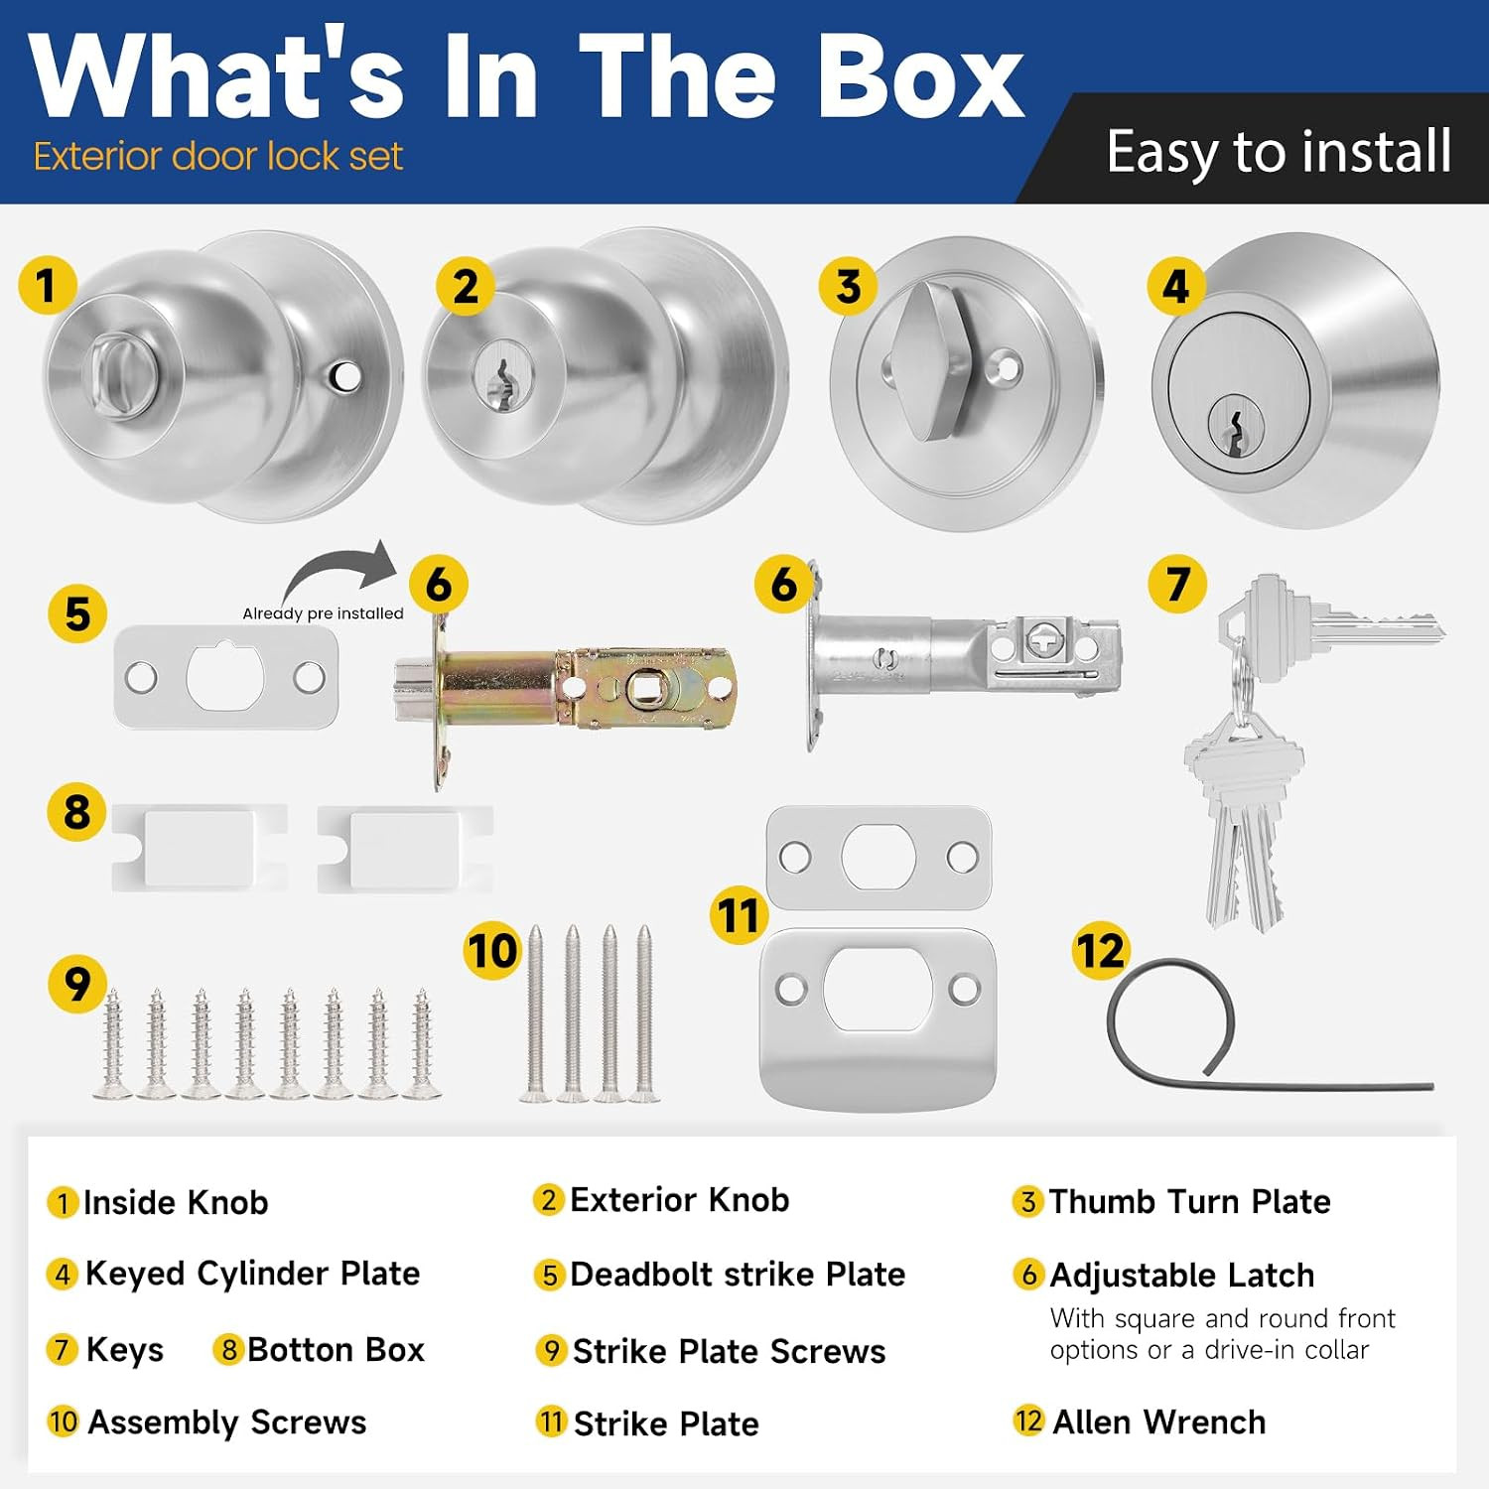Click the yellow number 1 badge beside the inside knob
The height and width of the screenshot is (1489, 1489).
(x=47, y=285)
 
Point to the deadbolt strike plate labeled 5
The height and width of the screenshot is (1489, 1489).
(x=225, y=677)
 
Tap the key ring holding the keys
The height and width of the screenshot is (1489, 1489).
(x=1236, y=685)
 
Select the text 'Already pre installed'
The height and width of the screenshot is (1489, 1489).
(x=324, y=613)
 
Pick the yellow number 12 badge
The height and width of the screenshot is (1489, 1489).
(x=1101, y=950)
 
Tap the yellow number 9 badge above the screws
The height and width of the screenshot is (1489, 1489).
(x=77, y=984)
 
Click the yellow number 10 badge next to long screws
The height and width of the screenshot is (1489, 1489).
(x=493, y=950)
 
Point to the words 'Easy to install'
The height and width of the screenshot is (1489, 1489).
(x=1279, y=152)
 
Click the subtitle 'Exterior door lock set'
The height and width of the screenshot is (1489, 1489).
(x=218, y=157)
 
